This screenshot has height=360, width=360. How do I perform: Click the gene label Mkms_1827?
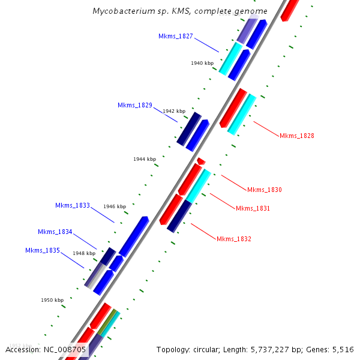point(176,37)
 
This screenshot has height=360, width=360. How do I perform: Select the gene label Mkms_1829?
point(135,106)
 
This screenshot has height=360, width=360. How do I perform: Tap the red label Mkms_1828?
point(296,136)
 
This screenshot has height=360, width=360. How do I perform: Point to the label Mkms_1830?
point(264,190)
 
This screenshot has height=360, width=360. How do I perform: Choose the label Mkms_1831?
point(253,209)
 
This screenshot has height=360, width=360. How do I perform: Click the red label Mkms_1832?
point(233,239)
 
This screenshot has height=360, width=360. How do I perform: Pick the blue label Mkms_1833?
point(73,205)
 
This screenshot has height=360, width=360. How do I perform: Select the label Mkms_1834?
point(55,232)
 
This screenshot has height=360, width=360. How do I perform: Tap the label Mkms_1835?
point(43,250)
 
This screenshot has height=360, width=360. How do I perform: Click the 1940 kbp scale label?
point(202,63)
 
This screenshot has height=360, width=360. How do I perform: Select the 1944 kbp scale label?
point(145,159)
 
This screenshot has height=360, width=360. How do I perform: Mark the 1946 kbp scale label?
point(115,206)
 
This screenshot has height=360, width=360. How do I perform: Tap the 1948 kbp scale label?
point(84,253)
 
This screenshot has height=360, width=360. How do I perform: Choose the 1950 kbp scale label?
point(52,300)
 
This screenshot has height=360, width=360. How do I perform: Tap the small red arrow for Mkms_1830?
point(201,161)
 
